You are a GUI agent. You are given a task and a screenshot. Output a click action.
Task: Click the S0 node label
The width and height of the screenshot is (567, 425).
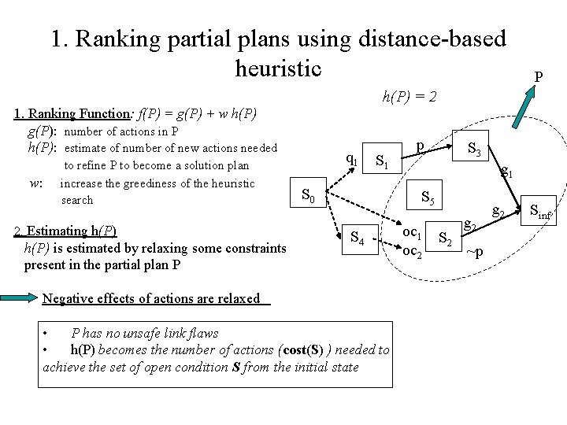(x=309, y=194)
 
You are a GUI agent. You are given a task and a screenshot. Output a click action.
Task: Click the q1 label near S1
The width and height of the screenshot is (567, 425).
(x=353, y=158)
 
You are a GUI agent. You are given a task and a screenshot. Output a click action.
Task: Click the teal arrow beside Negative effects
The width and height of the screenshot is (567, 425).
(x=21, y=298)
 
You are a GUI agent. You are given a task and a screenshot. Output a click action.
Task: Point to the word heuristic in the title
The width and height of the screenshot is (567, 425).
(x=278, y=68)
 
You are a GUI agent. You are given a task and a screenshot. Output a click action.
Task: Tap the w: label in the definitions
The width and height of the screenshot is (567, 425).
(x=35, y=183)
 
